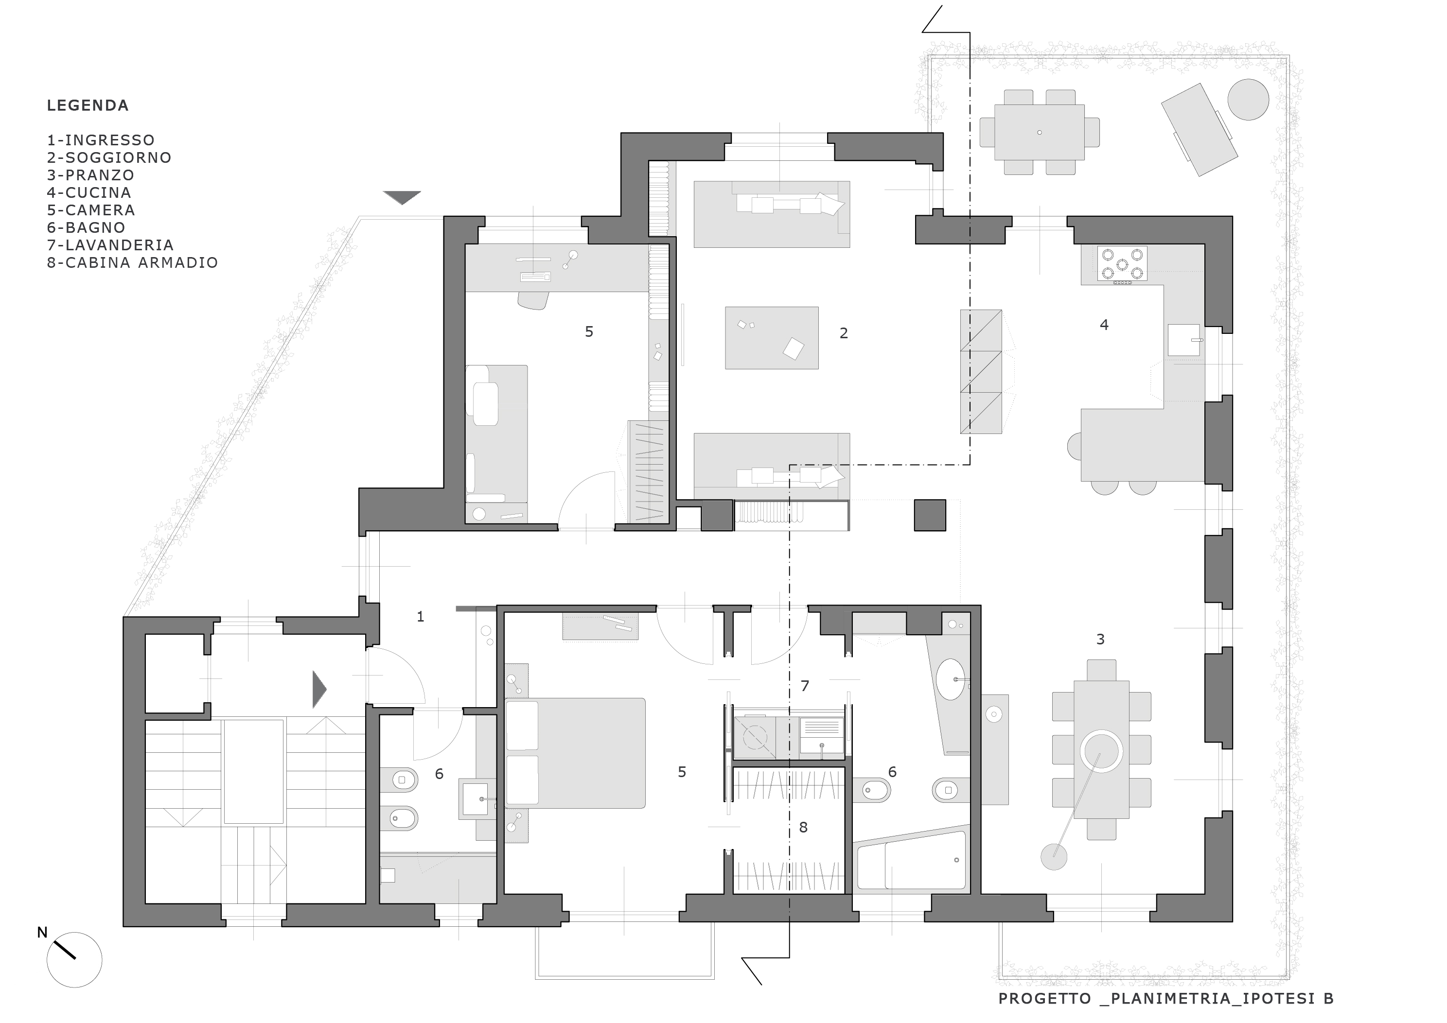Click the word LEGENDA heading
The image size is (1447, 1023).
(x=88, y=105)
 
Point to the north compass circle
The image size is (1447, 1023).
(x=74, y=959)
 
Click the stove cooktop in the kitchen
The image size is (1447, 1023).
(x=1122, y=264)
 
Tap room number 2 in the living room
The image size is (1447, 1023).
(x=844, y=333)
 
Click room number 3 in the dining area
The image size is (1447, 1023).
(x=1100, y=640)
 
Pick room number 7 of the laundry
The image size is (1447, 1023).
(x=805, y=686)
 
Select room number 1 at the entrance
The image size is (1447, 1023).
(x=421, y=617)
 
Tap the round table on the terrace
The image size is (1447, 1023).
(x=1249, y=100)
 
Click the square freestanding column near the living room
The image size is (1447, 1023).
(x=930, y=515)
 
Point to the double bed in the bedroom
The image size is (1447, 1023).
(x=575, y=753)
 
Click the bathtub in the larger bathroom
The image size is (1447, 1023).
(x=911, y=861)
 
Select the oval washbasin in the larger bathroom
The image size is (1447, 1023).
(x=951, y=680)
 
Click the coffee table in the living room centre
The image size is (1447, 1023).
(x=772, y=338)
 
